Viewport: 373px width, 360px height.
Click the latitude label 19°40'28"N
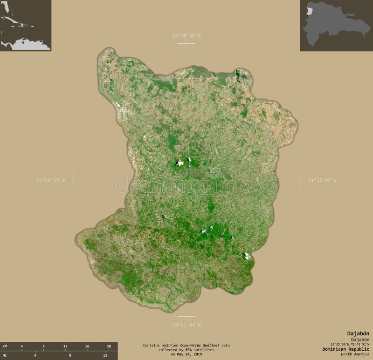point(186,35)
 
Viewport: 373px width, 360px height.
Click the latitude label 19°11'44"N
point(186,325)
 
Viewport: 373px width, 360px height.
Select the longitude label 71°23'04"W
point(322,180)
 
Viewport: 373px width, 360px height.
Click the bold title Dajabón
point(358,333)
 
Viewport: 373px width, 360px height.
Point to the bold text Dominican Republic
point(345,349)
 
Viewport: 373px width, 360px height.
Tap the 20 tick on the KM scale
point(109,346)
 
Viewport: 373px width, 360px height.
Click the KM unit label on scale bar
point(5,346)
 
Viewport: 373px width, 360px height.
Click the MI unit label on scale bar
point(5,355)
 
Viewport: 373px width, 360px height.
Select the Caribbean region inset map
point(25,25)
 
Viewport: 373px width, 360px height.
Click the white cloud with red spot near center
point(180,163)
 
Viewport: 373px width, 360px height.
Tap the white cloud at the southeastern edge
point(247,256)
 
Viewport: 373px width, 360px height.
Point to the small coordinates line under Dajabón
point(347,344)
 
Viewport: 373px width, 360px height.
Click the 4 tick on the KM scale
point(22,346)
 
